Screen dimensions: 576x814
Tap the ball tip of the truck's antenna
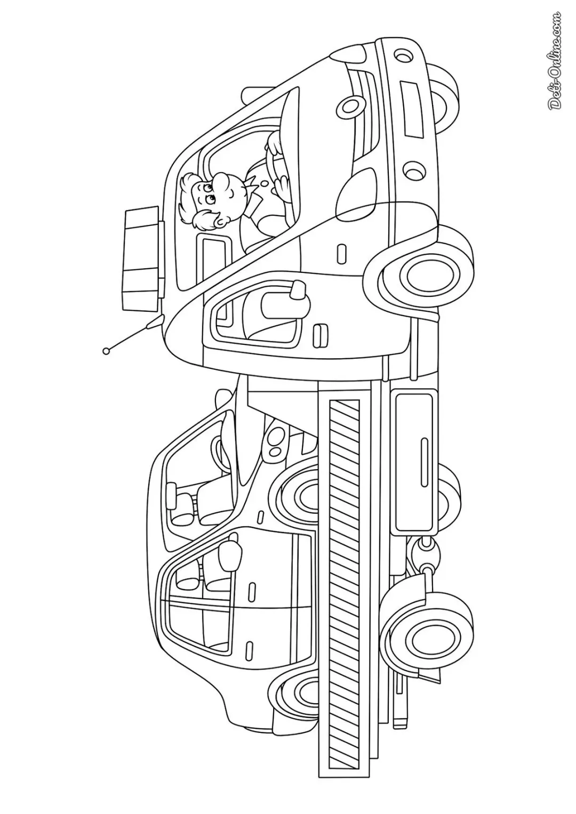click(106, 351)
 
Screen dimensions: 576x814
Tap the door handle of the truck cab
click(321, 334)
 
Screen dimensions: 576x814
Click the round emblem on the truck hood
click(349, 106)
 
